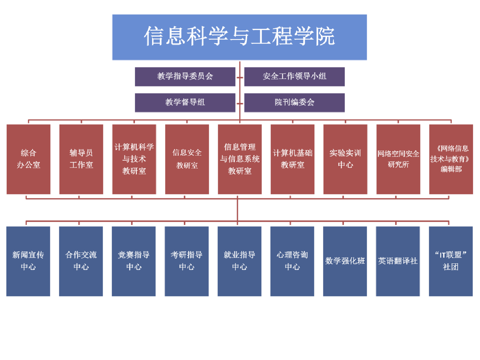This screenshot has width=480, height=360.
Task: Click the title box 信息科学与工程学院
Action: [x=240, y=37]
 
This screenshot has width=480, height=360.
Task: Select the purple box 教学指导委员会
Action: [x=185, y=76]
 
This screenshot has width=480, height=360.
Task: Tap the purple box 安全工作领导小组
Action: [x=294, y=76]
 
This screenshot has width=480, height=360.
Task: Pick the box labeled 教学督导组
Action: [x=185, y=103]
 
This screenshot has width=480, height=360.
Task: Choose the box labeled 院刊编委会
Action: [x=294, y=103]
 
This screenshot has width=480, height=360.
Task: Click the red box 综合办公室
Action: [x=28, y=159]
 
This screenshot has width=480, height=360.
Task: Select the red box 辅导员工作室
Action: [x=81, y=159]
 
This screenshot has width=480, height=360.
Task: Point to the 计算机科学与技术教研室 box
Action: [x=134, y=159]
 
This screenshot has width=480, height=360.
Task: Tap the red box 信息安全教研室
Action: [x=187, y=159]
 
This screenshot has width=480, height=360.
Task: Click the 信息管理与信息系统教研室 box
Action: [x=240, y=159]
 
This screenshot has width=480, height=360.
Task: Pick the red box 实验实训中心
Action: [x=345, y=159]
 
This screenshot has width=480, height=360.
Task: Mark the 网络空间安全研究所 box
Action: [x=398, y=159]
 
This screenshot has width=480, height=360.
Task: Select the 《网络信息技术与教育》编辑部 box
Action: [x=451, y=159]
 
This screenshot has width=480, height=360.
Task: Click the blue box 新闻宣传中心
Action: [x=28, y=261]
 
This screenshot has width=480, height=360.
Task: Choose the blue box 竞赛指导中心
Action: [x=134, y=261]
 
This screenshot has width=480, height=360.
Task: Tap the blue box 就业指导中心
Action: [x=239, y=261]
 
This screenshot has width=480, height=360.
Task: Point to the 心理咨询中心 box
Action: [x=292, y=261]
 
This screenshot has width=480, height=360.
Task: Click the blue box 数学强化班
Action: [x=345, y=261]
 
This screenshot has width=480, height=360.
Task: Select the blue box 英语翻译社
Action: [x=398, y=261]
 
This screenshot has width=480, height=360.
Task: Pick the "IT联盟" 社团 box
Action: [x=451, y=261]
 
